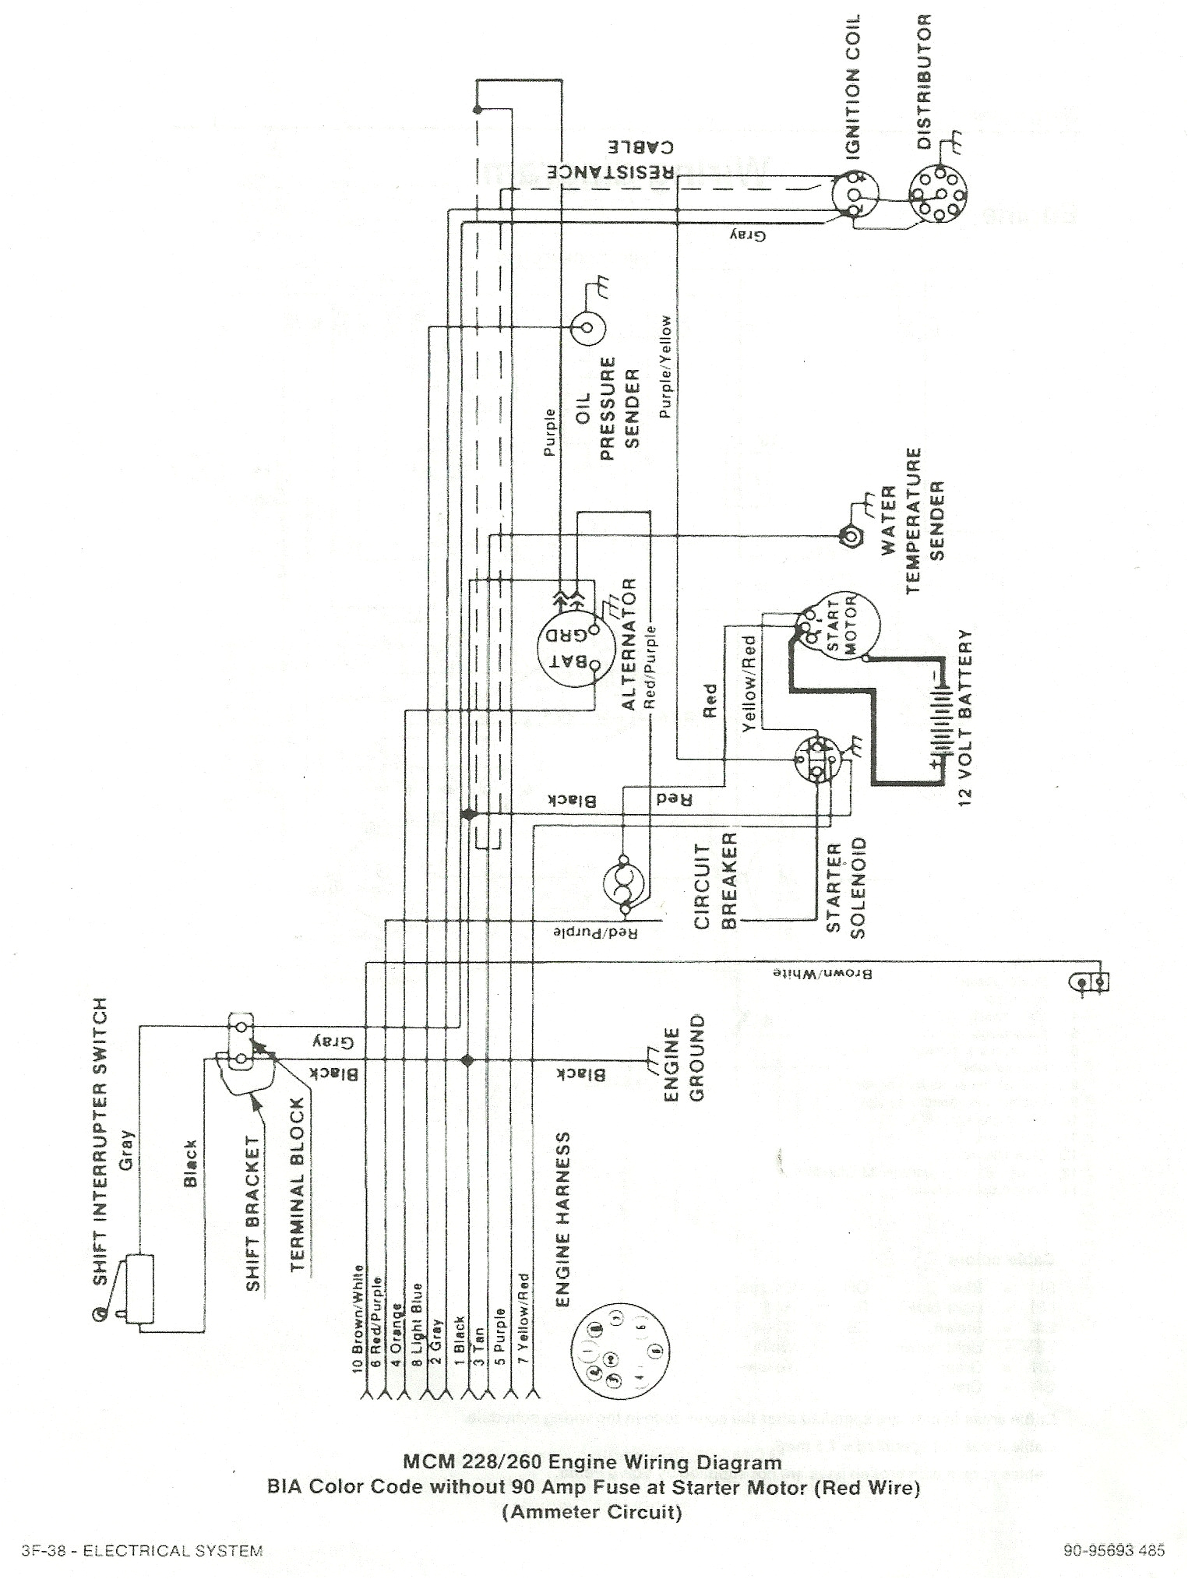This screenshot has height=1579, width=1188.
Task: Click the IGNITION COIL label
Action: pos(855,87)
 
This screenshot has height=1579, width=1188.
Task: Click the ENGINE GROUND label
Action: pos(684,1056)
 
